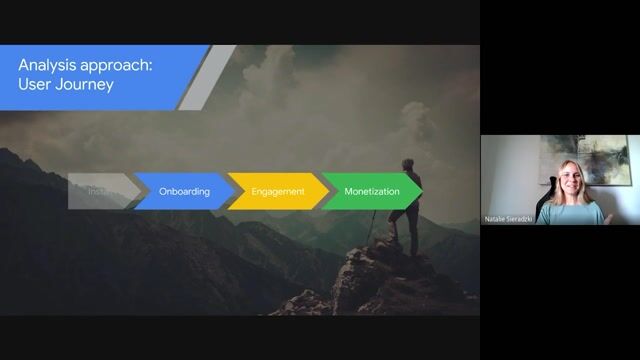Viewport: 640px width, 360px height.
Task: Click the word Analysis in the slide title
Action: pos(46,65)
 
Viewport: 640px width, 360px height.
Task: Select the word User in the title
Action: pos(35,85)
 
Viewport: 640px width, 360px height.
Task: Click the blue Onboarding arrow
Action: pos(183,191)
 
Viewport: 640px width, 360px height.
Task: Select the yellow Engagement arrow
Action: pos(277,191)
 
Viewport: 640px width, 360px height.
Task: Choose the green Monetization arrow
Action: pos(371,191)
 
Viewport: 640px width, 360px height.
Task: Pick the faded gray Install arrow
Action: pos(100,191)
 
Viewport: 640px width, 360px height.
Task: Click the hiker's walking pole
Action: pos(374,225)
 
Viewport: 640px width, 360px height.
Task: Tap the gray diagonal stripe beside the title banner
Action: pos(205,77)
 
